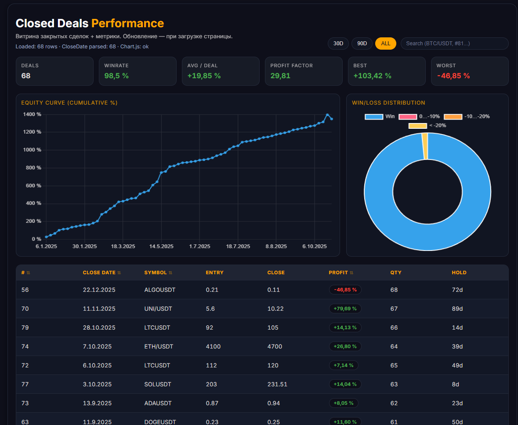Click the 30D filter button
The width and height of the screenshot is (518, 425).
338,44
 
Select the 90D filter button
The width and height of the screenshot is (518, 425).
362,44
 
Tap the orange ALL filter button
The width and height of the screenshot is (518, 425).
386,44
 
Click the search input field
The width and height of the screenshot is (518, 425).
454,44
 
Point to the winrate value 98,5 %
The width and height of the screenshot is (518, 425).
116,76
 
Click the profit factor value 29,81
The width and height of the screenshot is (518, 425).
280,76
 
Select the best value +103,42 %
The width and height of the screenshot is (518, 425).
372,76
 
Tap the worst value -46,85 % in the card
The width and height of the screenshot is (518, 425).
453,76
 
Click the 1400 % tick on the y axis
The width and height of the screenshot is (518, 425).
33,114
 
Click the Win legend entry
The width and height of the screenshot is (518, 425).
380,116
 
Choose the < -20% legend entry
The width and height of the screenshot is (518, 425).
427,126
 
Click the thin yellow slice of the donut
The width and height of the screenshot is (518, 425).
425,146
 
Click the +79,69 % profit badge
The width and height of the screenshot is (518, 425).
345,309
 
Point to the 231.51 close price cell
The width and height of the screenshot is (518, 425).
277,384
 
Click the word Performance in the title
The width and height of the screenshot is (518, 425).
127,23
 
